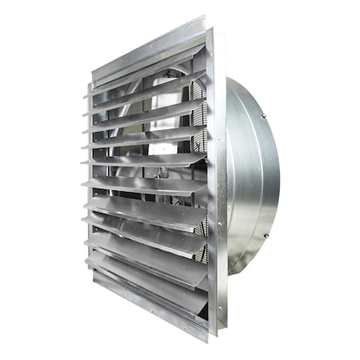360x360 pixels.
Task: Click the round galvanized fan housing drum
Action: pyautogui.click(x=252, y=176)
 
